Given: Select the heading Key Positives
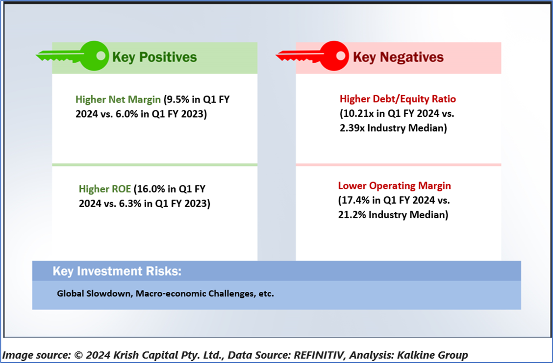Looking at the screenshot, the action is pos(154,57).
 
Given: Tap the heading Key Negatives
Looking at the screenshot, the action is pos(398,57).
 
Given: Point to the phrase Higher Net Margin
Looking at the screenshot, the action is pos(118,100).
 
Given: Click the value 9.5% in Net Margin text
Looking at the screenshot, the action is pos(178,100).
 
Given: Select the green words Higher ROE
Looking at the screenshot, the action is pos(105,189).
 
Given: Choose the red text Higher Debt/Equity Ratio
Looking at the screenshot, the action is pos(398,99).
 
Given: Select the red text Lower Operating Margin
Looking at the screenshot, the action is pos(394,185).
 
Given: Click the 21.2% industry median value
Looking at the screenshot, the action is pos(352,214).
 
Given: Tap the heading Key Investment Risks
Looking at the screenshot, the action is pos(117,271).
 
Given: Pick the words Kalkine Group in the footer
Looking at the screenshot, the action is pos(433,355).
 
